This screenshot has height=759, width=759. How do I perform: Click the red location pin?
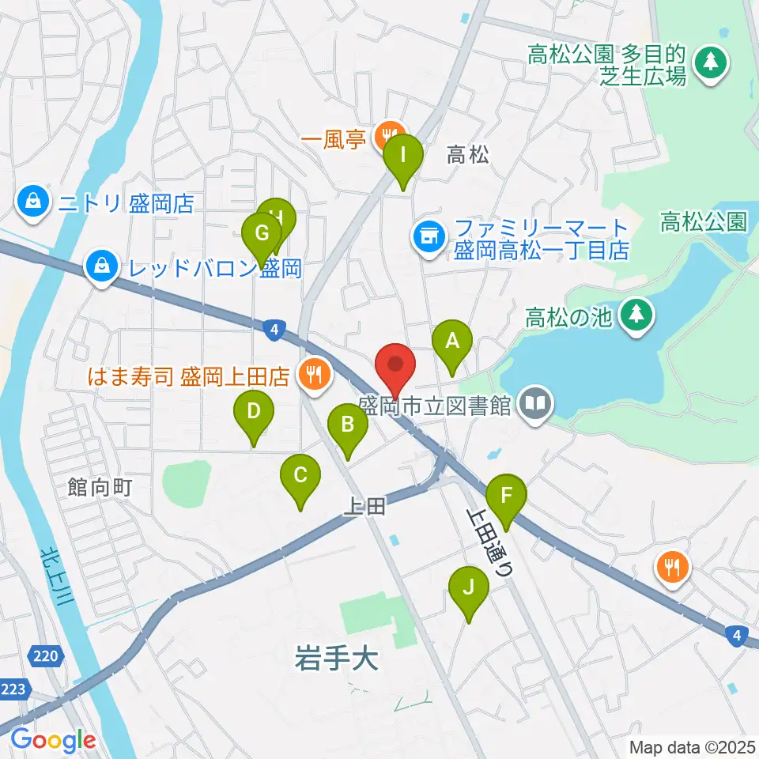coord(395,366)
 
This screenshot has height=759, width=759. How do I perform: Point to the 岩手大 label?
coord(336,658)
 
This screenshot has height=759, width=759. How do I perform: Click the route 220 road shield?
coord(46,655)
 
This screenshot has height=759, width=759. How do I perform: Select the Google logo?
coord(53,740)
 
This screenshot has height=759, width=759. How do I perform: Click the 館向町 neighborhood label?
coord(99,487)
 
